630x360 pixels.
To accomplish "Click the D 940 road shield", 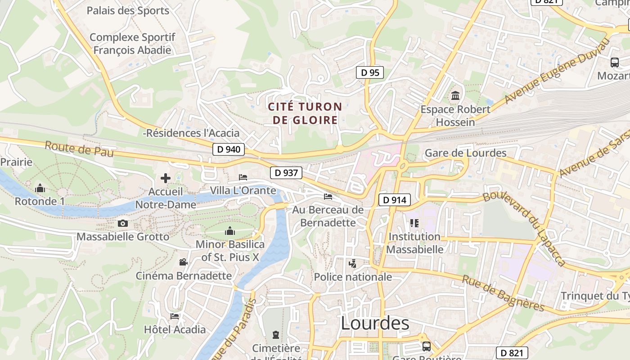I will coord(229,149).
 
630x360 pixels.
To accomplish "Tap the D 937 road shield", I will coord(286,172).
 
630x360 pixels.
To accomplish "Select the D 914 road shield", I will coord(395,200).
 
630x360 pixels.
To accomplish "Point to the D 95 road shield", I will coord(370,72).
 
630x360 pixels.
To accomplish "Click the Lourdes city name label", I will coord(375,323).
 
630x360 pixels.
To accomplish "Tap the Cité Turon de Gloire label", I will coord(305,113).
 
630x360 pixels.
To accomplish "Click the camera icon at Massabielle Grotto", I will coord(122,223).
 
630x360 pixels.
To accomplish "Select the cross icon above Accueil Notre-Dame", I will coord(166,178).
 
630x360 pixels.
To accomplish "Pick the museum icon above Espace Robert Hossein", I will coord(455,96).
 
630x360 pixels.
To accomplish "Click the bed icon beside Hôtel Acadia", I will coord(175,316).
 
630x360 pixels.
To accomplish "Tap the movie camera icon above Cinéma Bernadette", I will coord(183,262).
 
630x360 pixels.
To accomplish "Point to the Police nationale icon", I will coord(353,264).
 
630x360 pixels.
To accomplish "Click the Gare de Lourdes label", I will coord(465,153).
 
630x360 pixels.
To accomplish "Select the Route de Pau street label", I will coord(79,149).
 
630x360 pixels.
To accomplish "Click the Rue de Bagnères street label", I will coord(503,293).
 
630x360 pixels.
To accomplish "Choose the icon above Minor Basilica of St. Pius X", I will coord(230,231).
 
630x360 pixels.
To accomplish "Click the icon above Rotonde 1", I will coord(40,188).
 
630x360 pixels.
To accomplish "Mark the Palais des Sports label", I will coord(128,10).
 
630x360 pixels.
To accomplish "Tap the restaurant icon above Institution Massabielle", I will coord(414,223).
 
